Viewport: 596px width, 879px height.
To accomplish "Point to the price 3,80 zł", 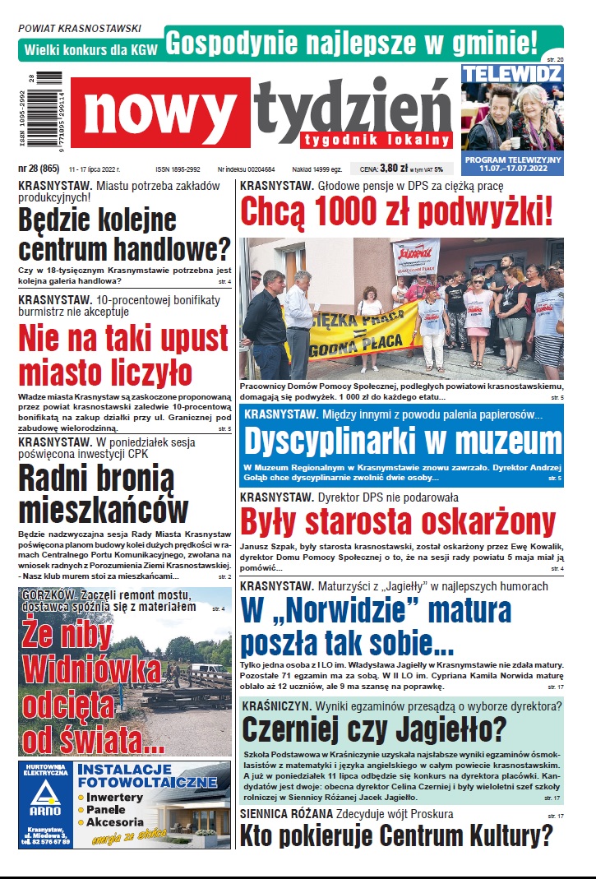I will coord(394,169).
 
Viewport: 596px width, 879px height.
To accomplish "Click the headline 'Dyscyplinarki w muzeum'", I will coord(403,441).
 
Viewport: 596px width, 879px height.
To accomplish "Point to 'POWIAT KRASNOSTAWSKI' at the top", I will coord(79,28).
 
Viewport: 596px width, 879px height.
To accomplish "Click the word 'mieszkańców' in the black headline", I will coord(103,510).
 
